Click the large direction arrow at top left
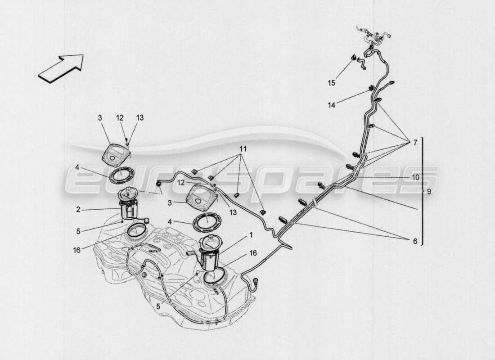[x=61, y=68]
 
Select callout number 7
[x=415, y=143]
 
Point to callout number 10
[x=414, y=177]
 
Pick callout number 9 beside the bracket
[x=429, y=191]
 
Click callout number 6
[x=414, y=241]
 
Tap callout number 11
[x=243, y=148]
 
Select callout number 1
[x=251, y=234]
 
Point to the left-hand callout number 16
[x=77, y=249]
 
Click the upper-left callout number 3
[x=100, y=117]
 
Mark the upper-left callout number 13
[x=140, y=117]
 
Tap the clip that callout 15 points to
[x=354, y=57]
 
